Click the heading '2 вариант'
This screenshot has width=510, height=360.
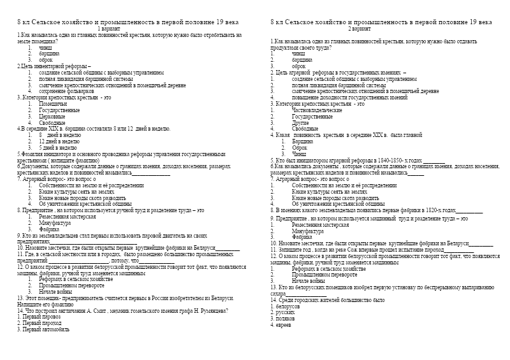[x=358, y=29]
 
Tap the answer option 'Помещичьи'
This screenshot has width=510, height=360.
[x=53, y=103]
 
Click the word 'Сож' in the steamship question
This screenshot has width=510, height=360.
[x=363, y=250]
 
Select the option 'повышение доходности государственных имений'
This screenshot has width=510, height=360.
[x=349, y=97]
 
